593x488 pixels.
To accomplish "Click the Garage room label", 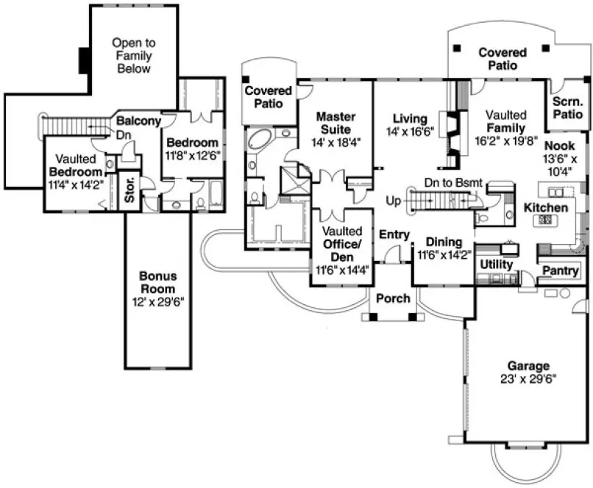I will coord(528,366).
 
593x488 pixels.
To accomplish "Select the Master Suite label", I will coord(335,123).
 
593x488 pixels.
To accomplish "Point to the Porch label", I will coord(393,298).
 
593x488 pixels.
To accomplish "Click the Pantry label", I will coord(560,271).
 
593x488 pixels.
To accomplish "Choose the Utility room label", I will coord(497,264).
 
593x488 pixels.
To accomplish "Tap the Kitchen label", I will coord(545,208).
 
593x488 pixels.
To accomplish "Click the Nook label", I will coord(561,146).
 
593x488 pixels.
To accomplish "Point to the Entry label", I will coord(394,234).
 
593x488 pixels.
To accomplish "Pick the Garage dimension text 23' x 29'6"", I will coord(528,379).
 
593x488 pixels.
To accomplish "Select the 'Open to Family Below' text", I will coord(132,56).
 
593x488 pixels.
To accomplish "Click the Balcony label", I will coord(138,121).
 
